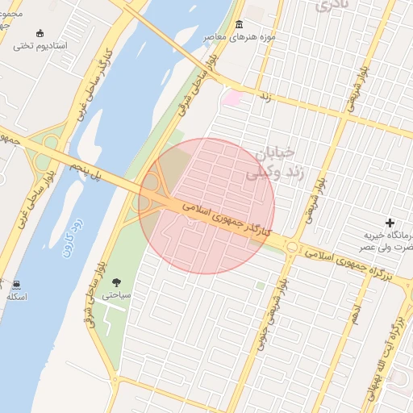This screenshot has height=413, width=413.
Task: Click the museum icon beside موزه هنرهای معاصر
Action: click(x=239, y=24)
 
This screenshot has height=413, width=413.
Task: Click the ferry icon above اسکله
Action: click(x=16, y=284)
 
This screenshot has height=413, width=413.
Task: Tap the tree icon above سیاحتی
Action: click(x=118, y=282)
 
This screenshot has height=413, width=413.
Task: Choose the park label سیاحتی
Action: click(x=119, y=296)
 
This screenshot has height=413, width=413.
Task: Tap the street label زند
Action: click(x=263, y=97)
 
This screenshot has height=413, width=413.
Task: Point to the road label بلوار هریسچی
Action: click(x=353, y=88)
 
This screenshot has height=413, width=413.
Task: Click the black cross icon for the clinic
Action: click(x=391, y=223)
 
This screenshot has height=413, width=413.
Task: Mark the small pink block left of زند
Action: click(x=232, y=98)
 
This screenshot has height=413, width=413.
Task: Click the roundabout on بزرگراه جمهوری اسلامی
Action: click(x=291, y=247)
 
